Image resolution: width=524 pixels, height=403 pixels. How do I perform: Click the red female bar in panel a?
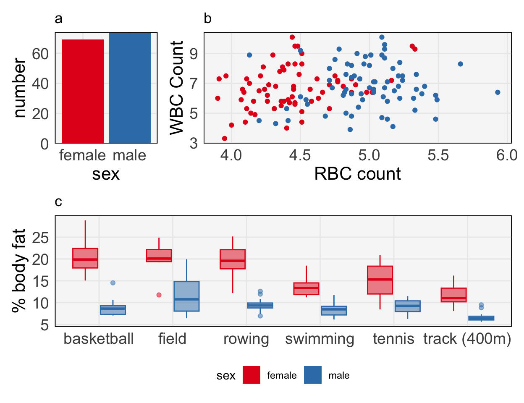click(x=83, y=91)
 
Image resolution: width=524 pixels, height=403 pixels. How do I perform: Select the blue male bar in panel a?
click(x=129, y=88)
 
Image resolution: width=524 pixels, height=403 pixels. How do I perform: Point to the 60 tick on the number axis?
click(x=41, y=54)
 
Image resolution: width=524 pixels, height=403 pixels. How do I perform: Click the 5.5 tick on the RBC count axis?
click(x=438, y=155)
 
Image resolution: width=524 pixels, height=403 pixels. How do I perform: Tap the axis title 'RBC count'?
click(x=357, y=174)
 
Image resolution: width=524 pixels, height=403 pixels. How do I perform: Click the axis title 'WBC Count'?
click(x=177, y=88)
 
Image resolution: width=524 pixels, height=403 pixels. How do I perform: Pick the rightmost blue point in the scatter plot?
click(x=498, y=92)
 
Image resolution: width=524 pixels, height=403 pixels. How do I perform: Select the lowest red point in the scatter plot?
click(x=225, y=139)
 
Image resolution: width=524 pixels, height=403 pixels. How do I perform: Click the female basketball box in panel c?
click(x=85, y=258)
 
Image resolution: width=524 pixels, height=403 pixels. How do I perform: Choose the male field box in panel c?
click(x=186, y=296)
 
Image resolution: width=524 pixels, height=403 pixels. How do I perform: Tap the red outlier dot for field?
click(x=159, y=295)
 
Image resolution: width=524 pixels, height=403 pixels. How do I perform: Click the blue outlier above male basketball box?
click(x=113, y=283)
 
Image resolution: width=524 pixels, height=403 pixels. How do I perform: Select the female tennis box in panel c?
click(x=380, y=280)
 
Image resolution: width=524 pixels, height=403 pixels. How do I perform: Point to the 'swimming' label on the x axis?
click(x=320, y=339)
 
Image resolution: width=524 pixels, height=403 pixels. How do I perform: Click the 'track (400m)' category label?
click(x=467, y=339)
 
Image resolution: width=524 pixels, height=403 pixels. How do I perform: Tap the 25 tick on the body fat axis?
click(x=41, y=238)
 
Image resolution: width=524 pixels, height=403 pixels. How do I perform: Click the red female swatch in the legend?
click(x=252, y=375)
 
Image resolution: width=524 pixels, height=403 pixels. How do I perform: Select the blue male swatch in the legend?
click(x=313, y=375)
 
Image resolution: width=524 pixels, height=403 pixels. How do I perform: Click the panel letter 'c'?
click(x=58, y=202)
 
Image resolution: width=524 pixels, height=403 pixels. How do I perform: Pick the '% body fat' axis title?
click(x=19, y=271)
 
